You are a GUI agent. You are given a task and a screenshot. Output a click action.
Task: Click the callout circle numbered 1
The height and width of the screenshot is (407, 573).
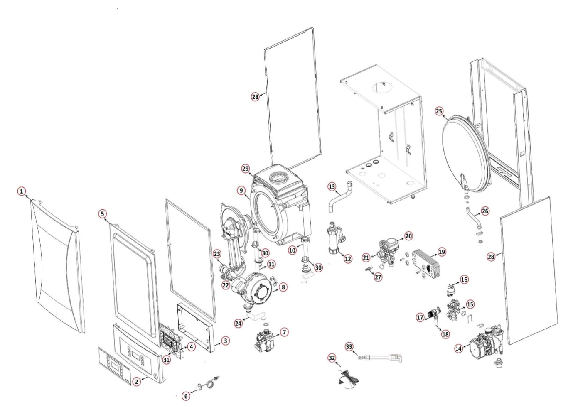coord(21,191)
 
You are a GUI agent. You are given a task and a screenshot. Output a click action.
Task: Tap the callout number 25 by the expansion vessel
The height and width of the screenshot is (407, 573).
coord(439,111)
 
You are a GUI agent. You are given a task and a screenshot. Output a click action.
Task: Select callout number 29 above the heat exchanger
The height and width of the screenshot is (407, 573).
coord(245,169)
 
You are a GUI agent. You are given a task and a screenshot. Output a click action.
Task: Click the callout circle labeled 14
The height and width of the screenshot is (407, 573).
coord(458,349)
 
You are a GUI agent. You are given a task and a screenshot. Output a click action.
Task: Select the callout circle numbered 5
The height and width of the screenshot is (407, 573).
coord(102,213)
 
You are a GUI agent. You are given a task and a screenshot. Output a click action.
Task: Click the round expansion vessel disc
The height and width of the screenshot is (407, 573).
coord(465,154)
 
